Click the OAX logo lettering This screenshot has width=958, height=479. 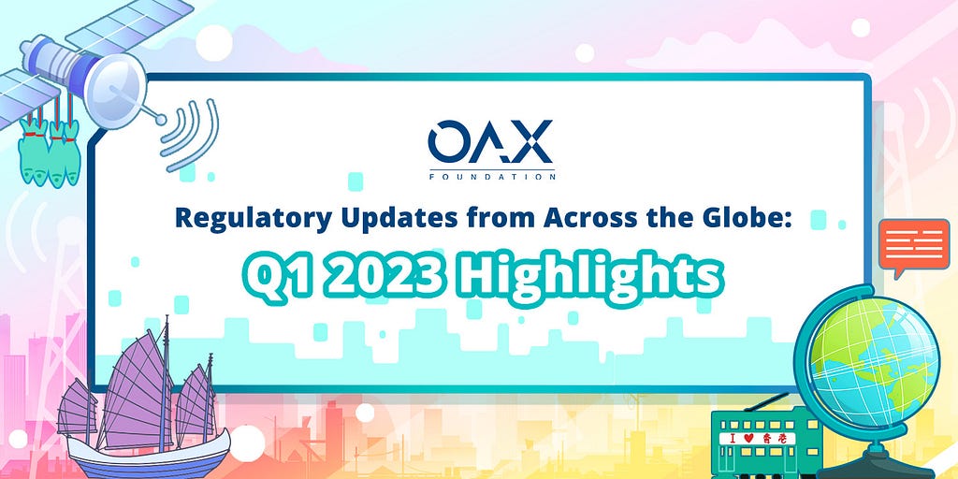pos(491,141)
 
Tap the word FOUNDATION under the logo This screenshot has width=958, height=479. pos(492,177)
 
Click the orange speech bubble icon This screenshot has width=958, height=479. pos(913,247)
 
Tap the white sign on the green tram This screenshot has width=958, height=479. pos(758,438)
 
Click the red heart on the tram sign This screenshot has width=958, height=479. pos(741,439)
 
